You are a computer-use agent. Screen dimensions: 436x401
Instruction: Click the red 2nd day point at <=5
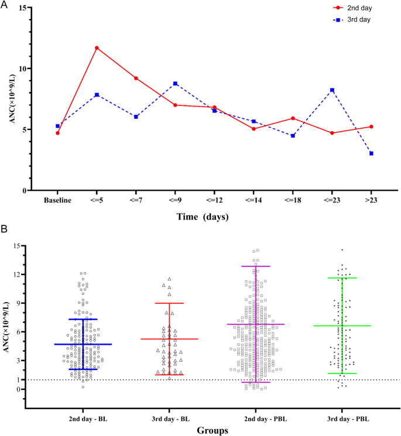click(97, 47)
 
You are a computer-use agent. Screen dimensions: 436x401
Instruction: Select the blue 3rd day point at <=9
click(175, 84)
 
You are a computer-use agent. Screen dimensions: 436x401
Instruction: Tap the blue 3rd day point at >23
click(371, 153)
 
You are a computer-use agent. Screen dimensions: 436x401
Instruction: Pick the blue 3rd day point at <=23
click(332, 90)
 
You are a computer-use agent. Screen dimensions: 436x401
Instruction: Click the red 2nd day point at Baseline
click(57, 133)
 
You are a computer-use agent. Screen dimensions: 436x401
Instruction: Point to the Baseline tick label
click(57, 200)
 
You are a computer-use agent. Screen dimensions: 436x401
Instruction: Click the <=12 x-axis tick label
click(214, 200)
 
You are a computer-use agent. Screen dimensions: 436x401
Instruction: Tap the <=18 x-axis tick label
click(293, 200)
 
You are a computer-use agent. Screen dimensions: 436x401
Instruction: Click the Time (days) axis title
click(203, 217)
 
